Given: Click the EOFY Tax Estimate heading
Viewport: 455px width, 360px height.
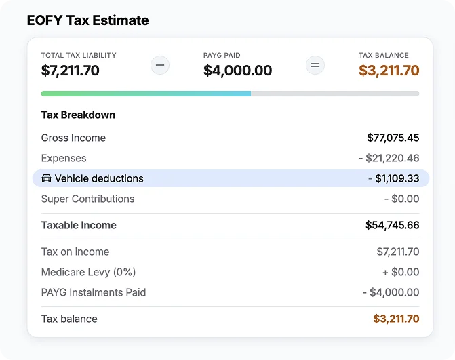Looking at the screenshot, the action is pyautogui.click(x=87, y=20).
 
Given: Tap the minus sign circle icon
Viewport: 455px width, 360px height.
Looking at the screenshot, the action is pyautogui.click(x=160, y=65).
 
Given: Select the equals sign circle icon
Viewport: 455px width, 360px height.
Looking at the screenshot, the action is pyautogui.click(x=315, y=65).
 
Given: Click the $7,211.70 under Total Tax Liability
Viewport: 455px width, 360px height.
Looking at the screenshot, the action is pyautogui.click(x=71, y=71).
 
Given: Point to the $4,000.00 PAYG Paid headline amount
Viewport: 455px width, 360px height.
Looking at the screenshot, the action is pyautogui.click(x=237, y=71).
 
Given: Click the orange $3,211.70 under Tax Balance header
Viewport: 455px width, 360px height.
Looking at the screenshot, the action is pyautogui.click(x=389, y=71).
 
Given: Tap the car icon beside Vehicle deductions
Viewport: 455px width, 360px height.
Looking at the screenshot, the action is pyautogui.click(x=46, y=178).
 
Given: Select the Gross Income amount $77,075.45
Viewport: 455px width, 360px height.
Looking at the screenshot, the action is pyautogui.click(x=393, y=138).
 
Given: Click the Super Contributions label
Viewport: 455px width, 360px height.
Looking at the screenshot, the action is pyautogui.click(x=87, y=199).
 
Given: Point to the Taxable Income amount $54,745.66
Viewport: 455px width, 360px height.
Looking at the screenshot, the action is pyautogui.click(x=393, y=225).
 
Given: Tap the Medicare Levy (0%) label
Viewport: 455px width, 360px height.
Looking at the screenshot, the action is pyautogui.click(x=88, y=272).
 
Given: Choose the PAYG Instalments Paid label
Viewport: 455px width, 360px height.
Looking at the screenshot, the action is pyautogui.click(x=94, y=292).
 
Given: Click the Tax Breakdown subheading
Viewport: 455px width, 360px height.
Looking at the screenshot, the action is pyautogui.click(x=78, y=115).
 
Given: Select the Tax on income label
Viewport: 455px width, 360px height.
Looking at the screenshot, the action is pyautogui.click(x=75, y=252).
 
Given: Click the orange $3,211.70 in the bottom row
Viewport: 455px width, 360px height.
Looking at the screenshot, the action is pyautogui.click(x=396, y=319).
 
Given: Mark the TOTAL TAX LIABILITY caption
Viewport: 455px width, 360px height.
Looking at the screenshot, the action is pyautogui.click(x=79, y=55).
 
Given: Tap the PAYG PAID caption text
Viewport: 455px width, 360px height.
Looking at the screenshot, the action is pyautogui.click(x=222, y=55).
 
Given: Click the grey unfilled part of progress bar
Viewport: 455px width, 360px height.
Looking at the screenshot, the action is pyautogui.click(x=335, y=94).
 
